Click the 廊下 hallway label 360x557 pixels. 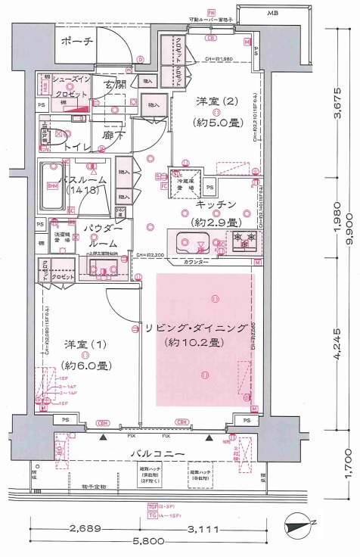pyautogui.click(x=113, y=138)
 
